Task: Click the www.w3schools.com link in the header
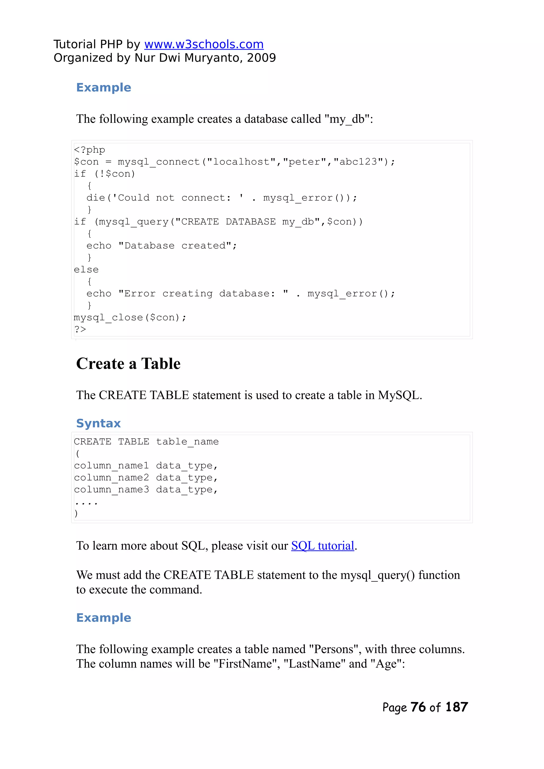pos(204,44)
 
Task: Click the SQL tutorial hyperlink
pos(322,546)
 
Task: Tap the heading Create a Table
pos(128,364)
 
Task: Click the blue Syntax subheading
pos(99,423)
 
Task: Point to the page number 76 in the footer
pos(418,707)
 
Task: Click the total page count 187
pos(457,707)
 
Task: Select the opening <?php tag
pos(90,150)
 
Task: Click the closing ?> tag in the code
pos(80,329)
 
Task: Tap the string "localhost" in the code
pos(241,162)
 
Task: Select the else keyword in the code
pos(86,270)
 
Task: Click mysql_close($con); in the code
pos(130,318)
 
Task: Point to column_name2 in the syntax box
pos(112,478)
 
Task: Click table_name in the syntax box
pos(187,442)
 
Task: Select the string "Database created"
pos(175,246)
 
